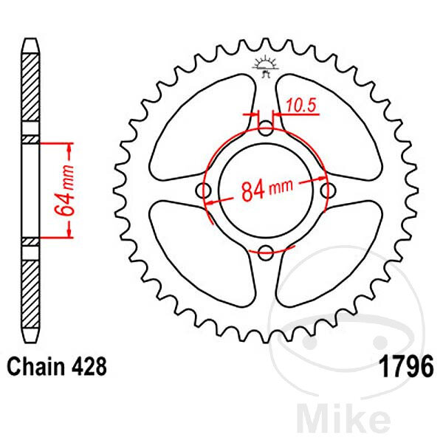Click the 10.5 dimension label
pyautogui.click(x=301, y=105)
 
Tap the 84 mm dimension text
pyautogui.click(x=267, y=190)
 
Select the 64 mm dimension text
pyautogui.click(x=64, y=190)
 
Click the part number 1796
pyautogui.click(x=406, y=366)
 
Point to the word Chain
pyautogui.click(x=35, y=366)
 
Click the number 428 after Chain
pyautogui.click(x=89, y=366)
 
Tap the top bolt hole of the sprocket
pyautogui.click(x=266, y=128)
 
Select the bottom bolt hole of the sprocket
pyautogui.click(x=266, y=253)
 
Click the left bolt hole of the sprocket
pyautogui.click(x=203, y=190)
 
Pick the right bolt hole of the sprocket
pyautogui.click(x=329, y=190)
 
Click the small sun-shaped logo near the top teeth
pyautogui.click(x=266, y=66)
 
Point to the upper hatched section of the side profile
pyautogui.click(x=30, y=87)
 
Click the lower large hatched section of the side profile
pyautogui.click(x=30, y=294)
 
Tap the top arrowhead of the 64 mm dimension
pyautogui.click(x=69, y=148)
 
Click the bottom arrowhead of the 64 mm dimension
pyautogui.click(x=69, y=233)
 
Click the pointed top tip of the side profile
pyautogui.click(x=30, y=40)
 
